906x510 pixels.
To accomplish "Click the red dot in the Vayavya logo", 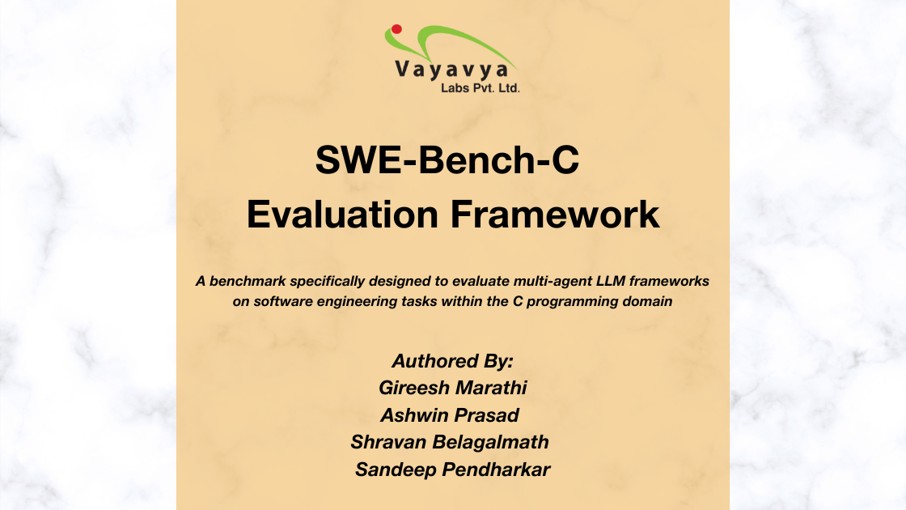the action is [396, 29].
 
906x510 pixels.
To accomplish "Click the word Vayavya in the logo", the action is [452, 70].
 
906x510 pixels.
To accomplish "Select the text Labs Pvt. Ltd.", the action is [481, 88].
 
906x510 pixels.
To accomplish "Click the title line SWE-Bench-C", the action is [447, 159].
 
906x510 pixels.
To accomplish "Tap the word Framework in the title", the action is [555, 215].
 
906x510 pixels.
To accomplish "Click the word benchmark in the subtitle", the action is [248, 281].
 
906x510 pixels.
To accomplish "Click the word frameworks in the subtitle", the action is [669, 281].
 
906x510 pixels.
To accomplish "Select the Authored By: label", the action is [452, 361].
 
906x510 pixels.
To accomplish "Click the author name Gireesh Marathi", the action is [452, 388].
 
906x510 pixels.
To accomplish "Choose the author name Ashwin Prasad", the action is [450, 415].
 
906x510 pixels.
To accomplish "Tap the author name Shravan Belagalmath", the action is [450, 442].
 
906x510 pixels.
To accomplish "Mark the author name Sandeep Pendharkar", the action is [452, 470].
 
